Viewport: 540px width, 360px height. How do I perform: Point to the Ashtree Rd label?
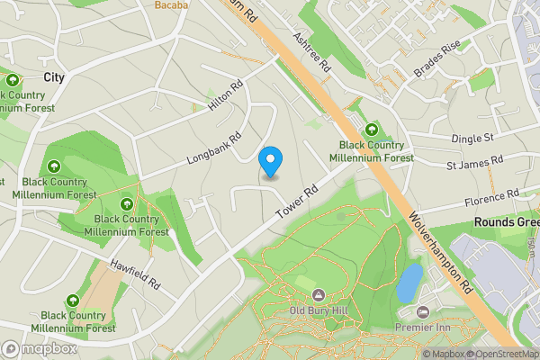(312, 54)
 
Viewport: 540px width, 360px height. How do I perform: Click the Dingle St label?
(473, 138)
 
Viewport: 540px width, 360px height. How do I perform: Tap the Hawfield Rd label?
(135, 274)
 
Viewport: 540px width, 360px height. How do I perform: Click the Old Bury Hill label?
(319, 312)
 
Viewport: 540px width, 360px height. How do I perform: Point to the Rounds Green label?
(507, 222)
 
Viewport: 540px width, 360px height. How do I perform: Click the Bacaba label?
(172, 5)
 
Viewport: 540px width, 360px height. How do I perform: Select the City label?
(54, 78)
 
